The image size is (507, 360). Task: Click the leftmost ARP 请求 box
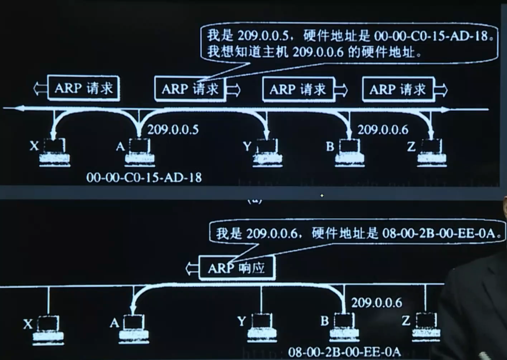84,88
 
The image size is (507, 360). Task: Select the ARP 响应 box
237,268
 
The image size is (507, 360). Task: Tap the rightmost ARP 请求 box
398,89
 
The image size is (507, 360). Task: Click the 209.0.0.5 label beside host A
173,129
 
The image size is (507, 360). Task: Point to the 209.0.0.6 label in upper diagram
383,129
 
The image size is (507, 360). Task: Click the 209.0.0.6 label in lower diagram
376,303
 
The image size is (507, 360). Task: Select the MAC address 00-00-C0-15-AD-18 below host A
144,177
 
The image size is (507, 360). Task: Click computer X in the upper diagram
55,152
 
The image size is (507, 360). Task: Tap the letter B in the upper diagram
330,146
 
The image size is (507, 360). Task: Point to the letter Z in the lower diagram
406,321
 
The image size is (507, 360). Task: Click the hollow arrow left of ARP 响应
192,268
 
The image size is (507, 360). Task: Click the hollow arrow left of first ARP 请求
40,88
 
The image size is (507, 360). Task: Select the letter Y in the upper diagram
247,146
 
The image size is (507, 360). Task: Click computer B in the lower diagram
344,327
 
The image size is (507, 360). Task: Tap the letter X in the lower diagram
28,324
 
